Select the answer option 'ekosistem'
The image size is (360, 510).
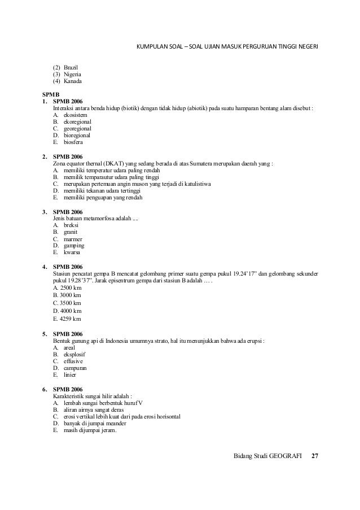(x=76, y=115)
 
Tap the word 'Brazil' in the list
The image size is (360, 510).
(x=72, y=67)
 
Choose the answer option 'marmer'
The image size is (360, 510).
(x=73, y=239)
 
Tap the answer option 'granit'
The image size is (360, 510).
(x=71, y=232)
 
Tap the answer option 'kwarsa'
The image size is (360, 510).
(x=72, y=252)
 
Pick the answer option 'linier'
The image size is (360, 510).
(x=71, y=374)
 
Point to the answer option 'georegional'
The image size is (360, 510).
(x=78, y=128)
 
